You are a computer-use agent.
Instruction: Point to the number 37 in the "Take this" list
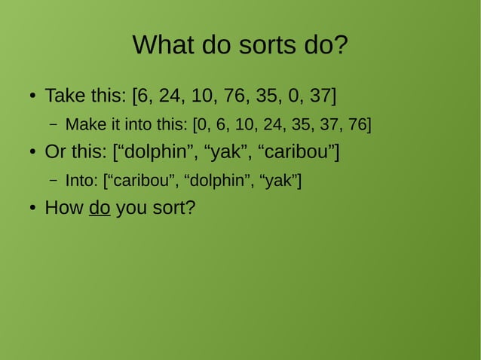coord(320,96)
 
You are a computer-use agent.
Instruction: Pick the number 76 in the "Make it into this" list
coord(357,124)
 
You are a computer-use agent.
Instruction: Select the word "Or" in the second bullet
coord(55,152)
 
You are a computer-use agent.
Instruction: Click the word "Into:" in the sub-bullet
coord(81,181)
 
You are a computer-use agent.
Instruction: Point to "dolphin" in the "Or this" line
coord(155,152)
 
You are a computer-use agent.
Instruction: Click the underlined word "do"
coord(100,208)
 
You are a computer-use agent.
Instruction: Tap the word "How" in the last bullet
coord(63,208)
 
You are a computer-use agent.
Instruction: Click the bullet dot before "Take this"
coord(32,97)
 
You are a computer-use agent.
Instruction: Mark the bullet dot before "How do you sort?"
coord(32,209)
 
